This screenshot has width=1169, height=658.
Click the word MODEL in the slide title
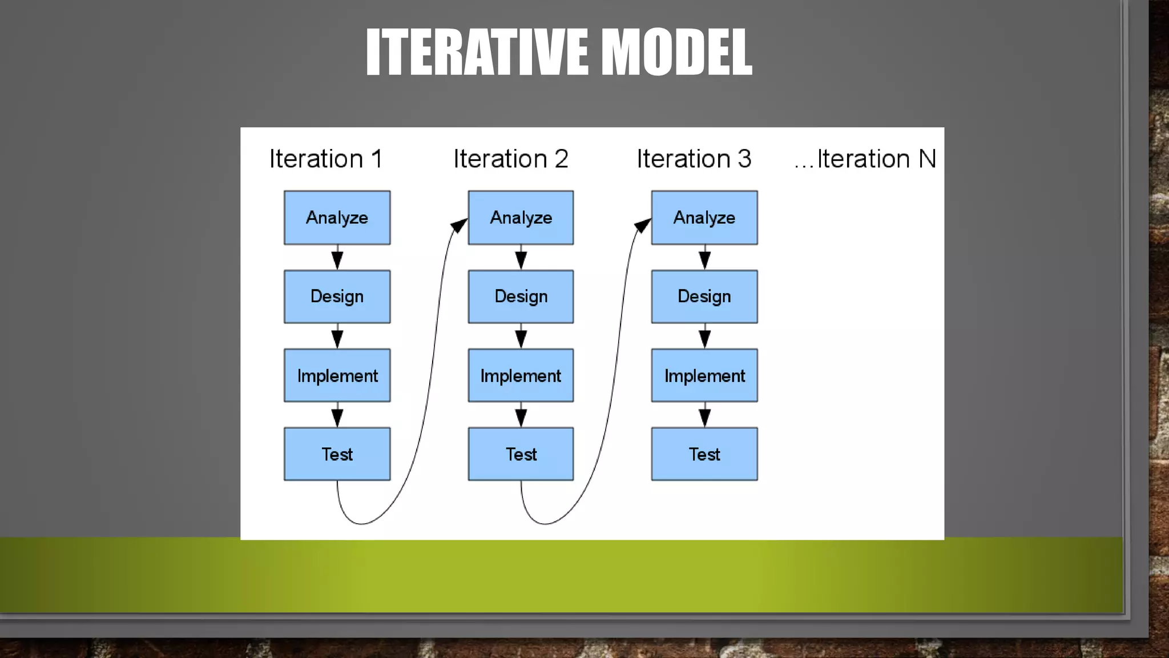point(677,52)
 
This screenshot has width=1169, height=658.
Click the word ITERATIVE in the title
point(477,52)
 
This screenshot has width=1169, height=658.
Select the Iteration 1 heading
point(325,159)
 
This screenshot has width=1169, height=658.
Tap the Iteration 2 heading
point(511,159)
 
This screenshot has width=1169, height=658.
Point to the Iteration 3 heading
point(694,159)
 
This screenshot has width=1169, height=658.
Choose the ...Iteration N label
point(865,159)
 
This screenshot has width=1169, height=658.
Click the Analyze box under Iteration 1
point(337,218)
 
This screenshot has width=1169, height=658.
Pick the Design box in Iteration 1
point(337,296)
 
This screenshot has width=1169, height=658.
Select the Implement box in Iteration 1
point(337,375)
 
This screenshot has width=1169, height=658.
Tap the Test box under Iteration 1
point(337,454)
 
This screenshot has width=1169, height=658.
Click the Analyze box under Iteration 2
point(521,218)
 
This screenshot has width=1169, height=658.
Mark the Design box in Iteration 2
point(521,296)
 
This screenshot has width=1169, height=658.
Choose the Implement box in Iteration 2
point(521,375)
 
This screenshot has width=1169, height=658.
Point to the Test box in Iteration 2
point(521,454)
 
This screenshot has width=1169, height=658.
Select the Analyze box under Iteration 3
point(704,218)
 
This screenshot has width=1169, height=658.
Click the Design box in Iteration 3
point(704,296)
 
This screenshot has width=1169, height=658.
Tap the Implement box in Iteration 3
point(704,375)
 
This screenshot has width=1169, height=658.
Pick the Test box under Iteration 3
point(704,454)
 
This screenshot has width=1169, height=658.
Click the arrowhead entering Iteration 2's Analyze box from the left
point(459,226)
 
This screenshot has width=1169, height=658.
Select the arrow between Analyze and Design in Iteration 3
point(705,258)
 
